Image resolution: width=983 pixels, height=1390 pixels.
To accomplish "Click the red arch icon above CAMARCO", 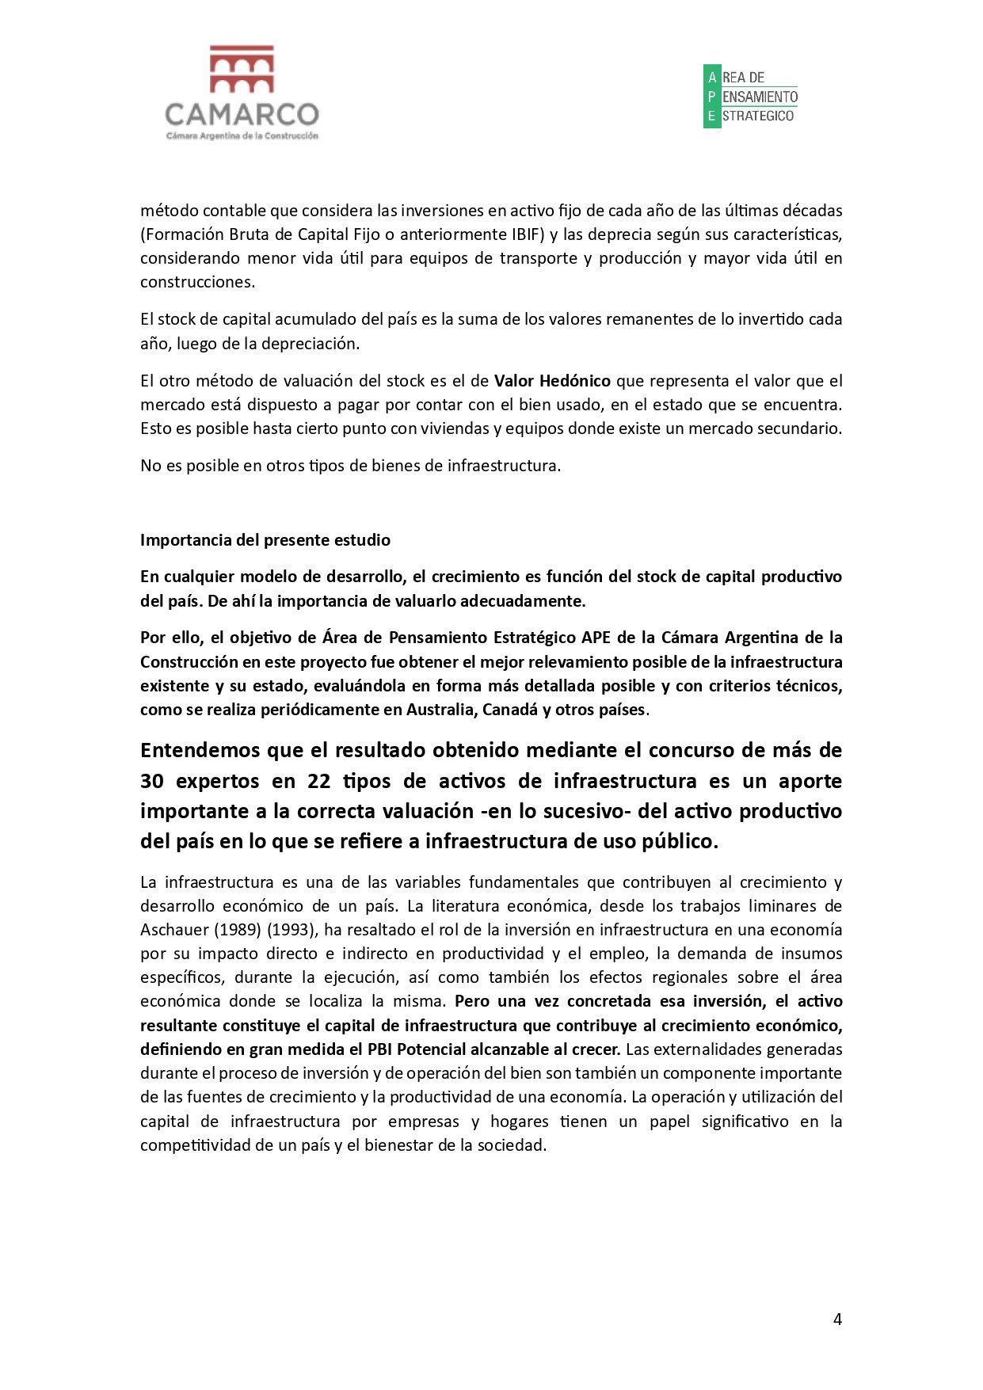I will [x=242, y=70].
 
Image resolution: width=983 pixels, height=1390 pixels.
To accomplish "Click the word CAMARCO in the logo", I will [x=242, y=115].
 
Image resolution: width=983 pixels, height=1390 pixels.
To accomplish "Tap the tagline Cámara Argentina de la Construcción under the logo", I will [x=242, y=136].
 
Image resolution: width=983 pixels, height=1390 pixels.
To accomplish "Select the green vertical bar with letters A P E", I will [x=711, y=97].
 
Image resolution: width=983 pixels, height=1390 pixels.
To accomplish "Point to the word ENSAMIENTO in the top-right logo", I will [x=760, y=97].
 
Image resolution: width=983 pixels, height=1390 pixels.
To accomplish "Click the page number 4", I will [x=837, y=1319].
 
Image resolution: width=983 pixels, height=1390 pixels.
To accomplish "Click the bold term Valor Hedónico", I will [x=552, y=381].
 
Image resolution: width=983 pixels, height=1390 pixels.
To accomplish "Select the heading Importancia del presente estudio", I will [x=265, y=540].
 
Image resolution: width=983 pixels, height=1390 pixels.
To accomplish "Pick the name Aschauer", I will [x=174, y=930].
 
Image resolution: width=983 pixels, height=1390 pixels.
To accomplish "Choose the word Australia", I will [x=440, y=710].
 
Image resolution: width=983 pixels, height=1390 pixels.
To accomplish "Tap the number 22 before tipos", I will [x=318, y=782].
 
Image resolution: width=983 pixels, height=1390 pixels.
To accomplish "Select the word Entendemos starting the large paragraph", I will [x=200, y=751].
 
